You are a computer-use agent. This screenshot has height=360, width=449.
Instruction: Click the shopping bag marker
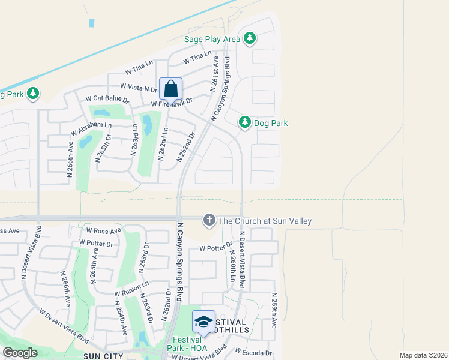point(171,89)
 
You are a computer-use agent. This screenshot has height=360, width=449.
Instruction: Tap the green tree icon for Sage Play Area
point(250,40)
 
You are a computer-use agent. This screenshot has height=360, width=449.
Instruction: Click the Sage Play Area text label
point(212,40)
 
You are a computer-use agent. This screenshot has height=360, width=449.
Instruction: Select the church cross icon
point(209,220)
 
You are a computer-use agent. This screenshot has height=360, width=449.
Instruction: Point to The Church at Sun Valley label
point(265,221)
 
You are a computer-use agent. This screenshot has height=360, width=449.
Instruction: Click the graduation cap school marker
point(203,322)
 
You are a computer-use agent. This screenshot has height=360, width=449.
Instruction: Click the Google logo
point(20,353)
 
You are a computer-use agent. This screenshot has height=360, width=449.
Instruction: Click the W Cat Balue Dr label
point(108,98)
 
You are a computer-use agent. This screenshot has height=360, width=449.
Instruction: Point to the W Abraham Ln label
point(91,128)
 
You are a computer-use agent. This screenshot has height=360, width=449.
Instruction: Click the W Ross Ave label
point(104,230)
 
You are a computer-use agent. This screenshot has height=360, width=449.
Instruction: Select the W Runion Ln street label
point(131,289)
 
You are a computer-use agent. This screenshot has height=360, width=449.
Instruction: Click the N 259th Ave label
point(274,310)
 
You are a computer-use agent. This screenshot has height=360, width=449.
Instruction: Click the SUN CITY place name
point(103,356)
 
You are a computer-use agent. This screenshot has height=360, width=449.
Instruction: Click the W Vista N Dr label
point(139,88)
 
